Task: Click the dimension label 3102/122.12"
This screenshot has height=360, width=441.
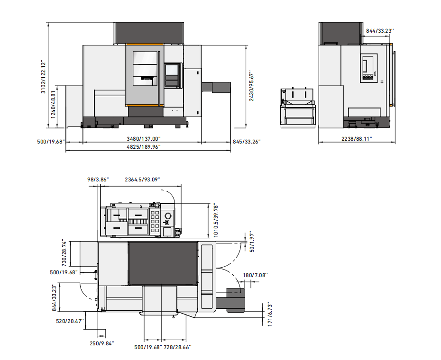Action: pos(43,77)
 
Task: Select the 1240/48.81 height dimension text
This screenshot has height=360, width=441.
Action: pos(53,104)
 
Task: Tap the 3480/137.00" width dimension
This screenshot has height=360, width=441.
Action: pos(143,139)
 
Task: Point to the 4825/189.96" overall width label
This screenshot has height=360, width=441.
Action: pos(143,147)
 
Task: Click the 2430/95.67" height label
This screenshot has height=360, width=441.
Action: pos(251,86)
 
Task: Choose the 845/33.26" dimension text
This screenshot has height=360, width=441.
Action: pos(247,141)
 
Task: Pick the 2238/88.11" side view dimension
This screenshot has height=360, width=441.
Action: pos(357,138)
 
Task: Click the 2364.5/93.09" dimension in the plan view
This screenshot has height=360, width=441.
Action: pos(142,180)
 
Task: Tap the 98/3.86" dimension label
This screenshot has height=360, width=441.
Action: pos(98,180)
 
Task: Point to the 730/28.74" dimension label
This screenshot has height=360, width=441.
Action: pos(64,253)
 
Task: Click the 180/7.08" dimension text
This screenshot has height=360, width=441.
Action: pos(256,275)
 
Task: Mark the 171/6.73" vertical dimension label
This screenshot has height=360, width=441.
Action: pos(270,314)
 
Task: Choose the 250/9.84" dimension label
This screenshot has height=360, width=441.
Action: pos(102,343)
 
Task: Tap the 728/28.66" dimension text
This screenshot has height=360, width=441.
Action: pos(177,347)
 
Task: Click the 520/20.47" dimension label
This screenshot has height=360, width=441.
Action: pos(70,321)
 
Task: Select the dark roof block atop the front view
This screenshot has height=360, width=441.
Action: pos(149,33)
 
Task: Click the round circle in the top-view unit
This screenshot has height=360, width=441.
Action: pos(168,216)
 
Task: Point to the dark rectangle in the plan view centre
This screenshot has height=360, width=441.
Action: pos(163,263)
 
